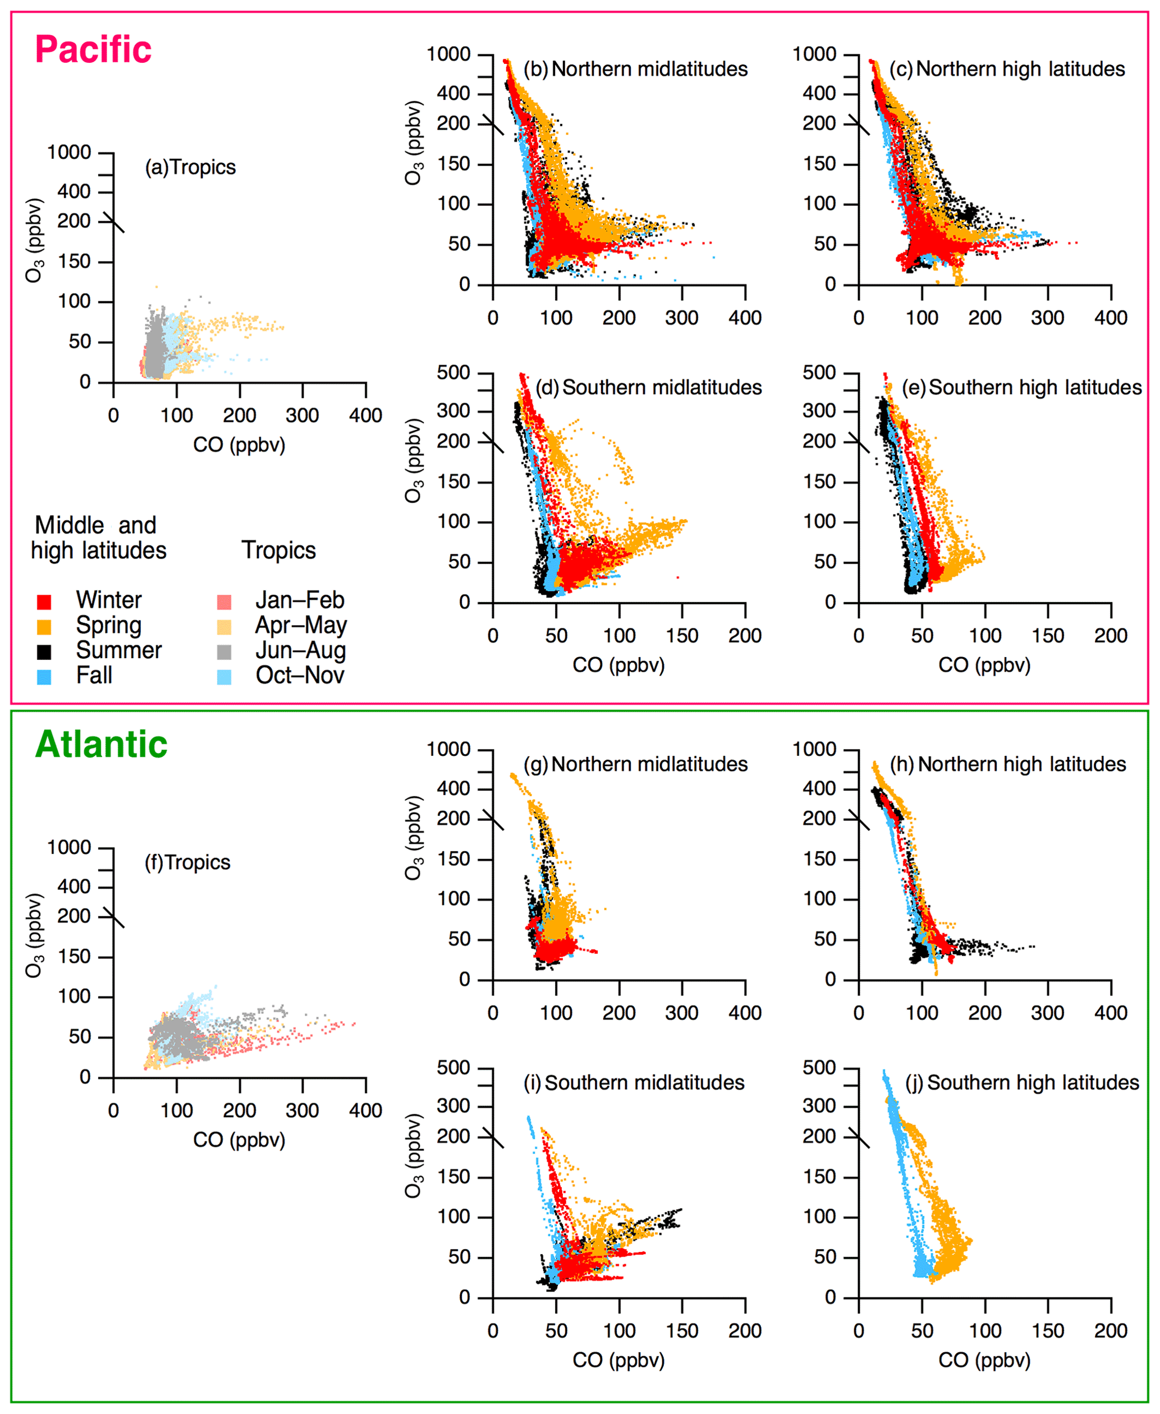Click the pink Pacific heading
click(x=93, y=50)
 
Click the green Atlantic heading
click(x=101, y=745)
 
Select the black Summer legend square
click(x=44, y=652)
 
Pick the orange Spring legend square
click(x=44, y=627)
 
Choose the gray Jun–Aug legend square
click(x=224, y=652)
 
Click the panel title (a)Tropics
click(x=190, y=167)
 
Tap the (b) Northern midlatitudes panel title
click(x=635, y=70)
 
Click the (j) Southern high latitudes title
click(x=1022, y=1083)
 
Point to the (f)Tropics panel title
click(x=188, y=862)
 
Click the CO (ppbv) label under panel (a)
click(x=239, y=445)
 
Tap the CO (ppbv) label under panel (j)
click(x=984, y=1360)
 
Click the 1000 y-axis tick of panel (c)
click(x=814, y=54)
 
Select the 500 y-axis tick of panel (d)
click(x=453, y=372)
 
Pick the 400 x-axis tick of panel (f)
click(x=365, y=1111)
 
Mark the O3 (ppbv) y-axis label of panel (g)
click(x=414, y=838)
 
